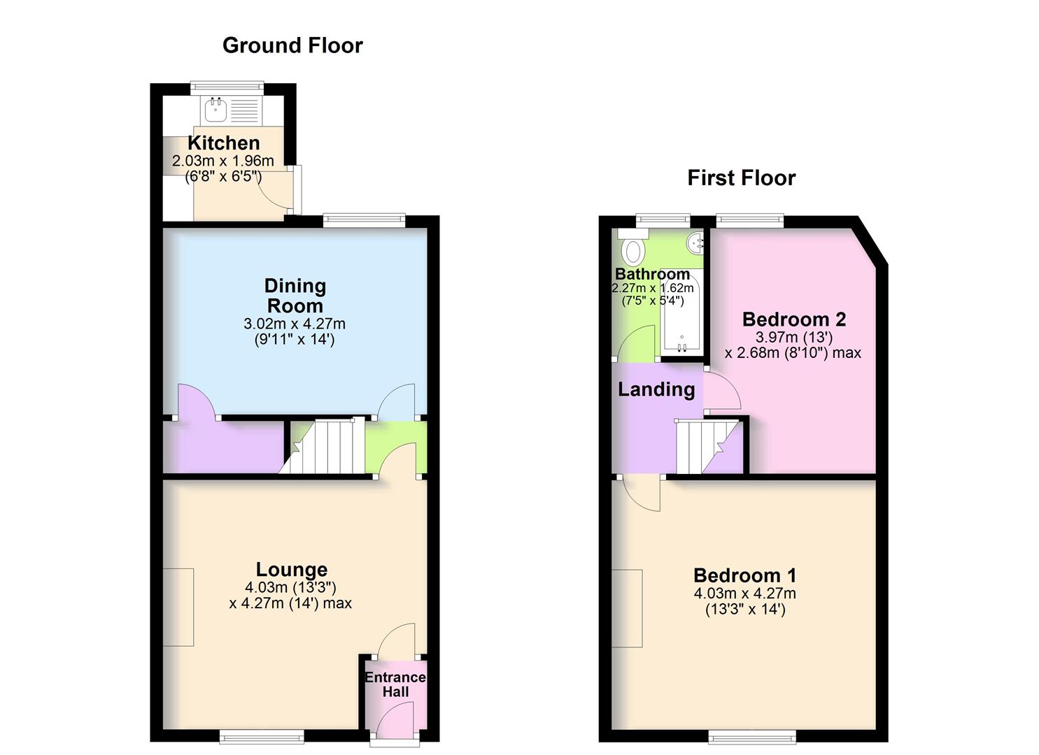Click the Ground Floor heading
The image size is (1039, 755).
pyautogui.click(x=292, y=45)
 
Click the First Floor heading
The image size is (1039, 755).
pyautogui.click(x=741, y=178)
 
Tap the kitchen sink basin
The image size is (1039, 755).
pyautogui.click(x=215, y=110)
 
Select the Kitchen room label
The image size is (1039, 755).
pyautogui.click(x=224, y=143)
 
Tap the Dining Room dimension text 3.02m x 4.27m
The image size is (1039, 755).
pyautogui.click(x=295, y=324)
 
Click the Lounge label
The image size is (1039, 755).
pyautogui.click(x=292, y=569)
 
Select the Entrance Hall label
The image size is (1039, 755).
pyautogui.click(x=395, y=684)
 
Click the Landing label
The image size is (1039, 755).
pyautogui.click(x=656, y=389)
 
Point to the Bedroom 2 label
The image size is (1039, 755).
pyautogui.click(x=794, y=319)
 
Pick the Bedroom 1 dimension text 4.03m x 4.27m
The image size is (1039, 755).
pyautogui.click(x=745, y=594)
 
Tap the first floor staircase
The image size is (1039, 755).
pyautogui.click(x=707, y=446)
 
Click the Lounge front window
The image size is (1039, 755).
pyautogui.click(x=262, y=736)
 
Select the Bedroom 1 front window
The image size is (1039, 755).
pyautogui.click(x=752, y=736)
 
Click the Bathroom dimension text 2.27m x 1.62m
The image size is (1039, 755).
pyautogui.click(x=653, y=288)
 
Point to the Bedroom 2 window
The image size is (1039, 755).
pyautogui.click(x=750, y=220)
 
